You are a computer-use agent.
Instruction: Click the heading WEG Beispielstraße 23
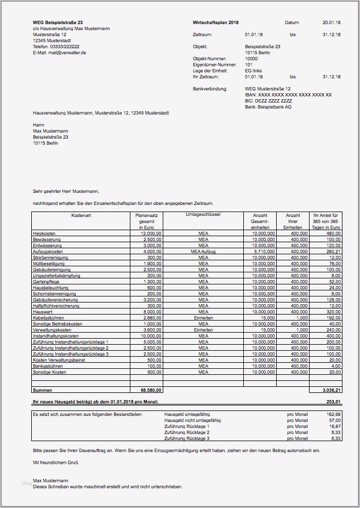[x=58, y=22]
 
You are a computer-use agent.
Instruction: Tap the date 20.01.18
[x=331, y=22]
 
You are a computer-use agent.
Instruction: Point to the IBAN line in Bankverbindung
[x=288, y=95]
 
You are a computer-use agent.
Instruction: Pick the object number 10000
[x=251, y=59]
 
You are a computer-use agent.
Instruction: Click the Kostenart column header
[x=81, y=215]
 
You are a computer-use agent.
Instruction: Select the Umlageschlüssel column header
[x=203, y=215]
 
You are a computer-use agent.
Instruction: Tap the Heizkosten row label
[x=44, y=233]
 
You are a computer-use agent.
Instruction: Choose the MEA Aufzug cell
[x=203, y=251]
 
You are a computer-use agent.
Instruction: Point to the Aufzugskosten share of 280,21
[x=333, y=251]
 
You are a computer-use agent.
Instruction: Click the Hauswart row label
[x=43, y=311]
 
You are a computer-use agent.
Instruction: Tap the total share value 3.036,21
[x=332, y=390]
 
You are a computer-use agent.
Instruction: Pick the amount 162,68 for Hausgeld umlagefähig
[x=333, y=414]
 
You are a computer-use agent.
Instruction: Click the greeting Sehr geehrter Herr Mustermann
[x=66, y=191]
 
